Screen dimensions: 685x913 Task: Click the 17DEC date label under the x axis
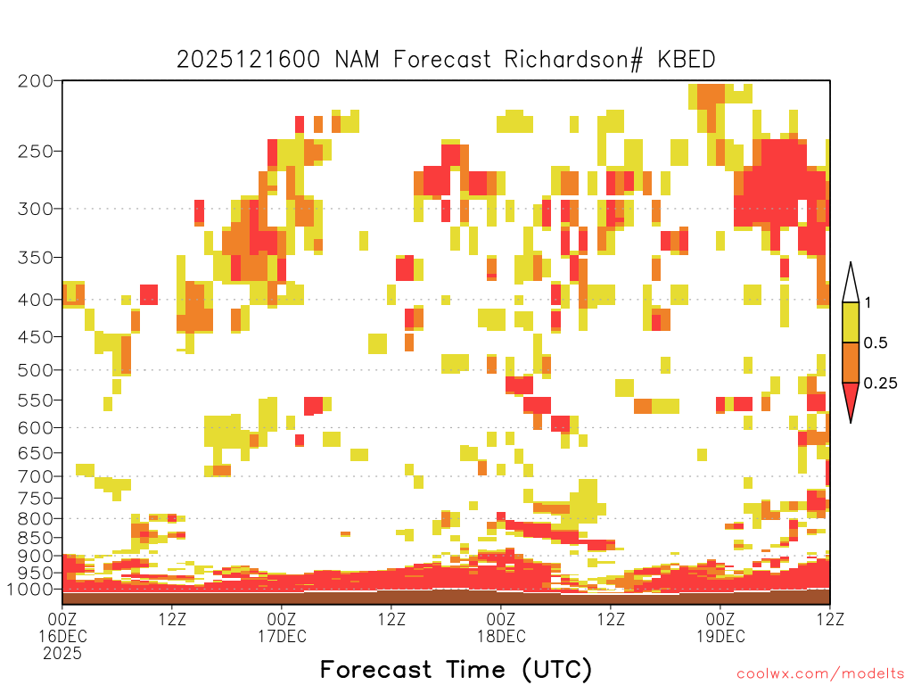pos(282,636)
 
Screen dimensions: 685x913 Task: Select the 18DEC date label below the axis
pos(501,636)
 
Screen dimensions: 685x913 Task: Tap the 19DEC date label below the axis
pos(720,636)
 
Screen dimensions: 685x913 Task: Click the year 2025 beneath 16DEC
pos(62,653)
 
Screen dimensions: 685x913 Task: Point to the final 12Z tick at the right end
pos(830,618)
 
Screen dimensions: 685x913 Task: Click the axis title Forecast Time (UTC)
pos(456,669)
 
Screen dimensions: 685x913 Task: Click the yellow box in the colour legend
pos(851,323)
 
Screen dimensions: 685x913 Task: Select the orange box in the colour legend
pos(851,363)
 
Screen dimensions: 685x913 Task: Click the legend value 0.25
pos(880,384)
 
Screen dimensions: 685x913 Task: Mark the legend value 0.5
pos(875,343)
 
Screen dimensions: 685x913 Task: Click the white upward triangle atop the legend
pos(851,284)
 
